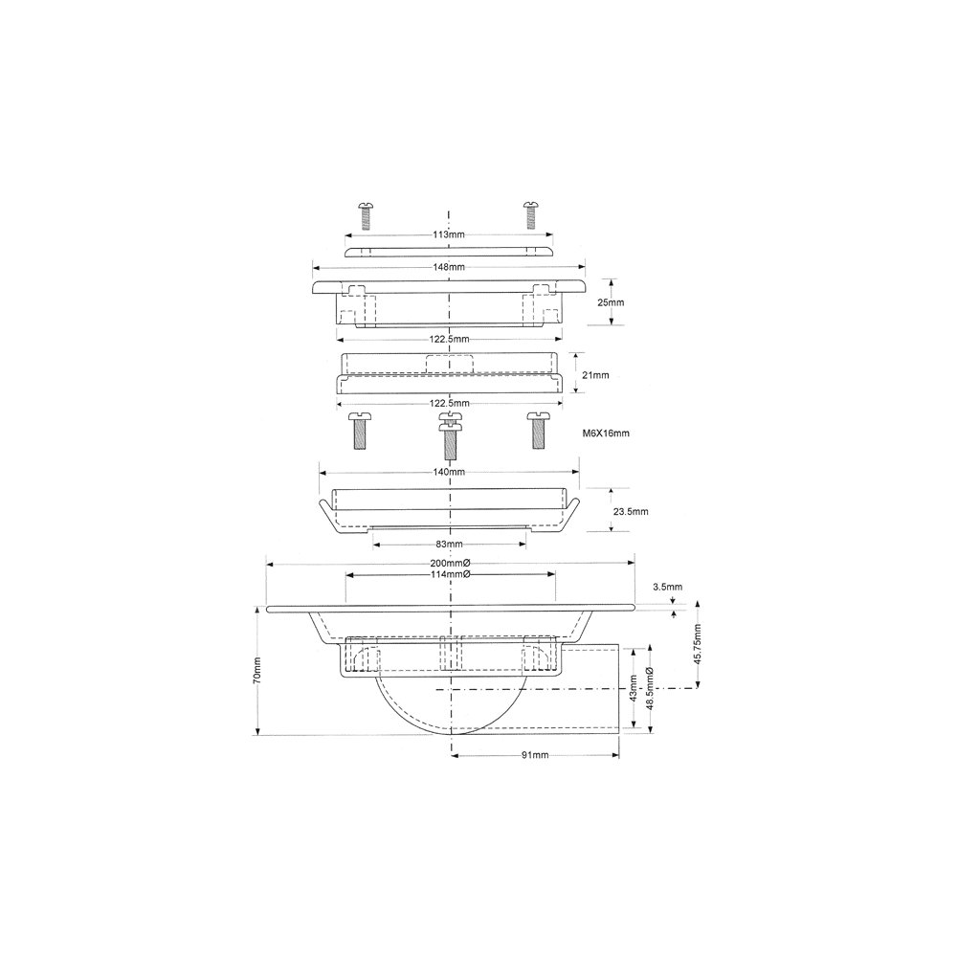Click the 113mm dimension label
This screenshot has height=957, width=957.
[449, 234]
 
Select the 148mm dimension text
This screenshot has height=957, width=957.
[449, 267]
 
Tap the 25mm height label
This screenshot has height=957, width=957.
[611, 302]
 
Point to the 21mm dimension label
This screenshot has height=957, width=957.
[595, 375]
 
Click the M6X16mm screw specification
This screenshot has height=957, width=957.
[606, 434]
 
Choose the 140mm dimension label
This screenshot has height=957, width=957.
[449, 472]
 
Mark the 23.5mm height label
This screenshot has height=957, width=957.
[631, 511]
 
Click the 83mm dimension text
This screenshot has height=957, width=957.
[449, 544]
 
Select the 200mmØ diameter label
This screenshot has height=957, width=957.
[450, 564]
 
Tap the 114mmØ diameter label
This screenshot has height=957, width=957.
[450, 574]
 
